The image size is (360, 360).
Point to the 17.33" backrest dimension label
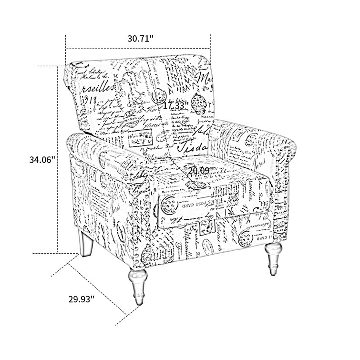pos(176,105)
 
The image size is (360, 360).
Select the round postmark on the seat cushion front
pos(171,208)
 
